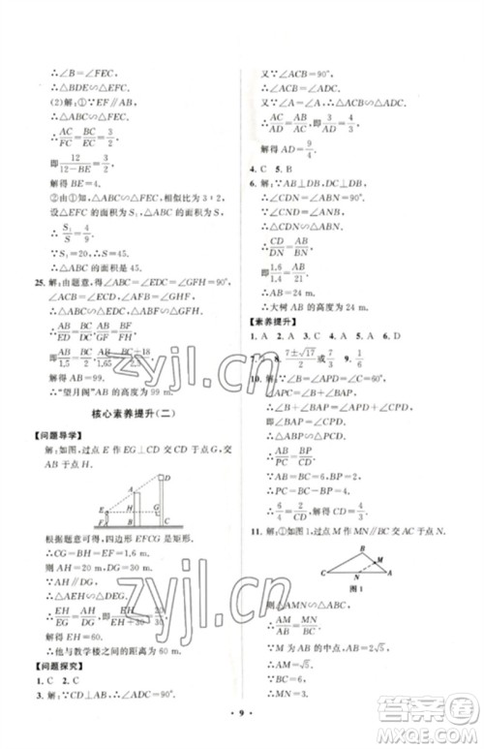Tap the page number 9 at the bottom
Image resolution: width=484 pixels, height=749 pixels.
click(x=242, y=722)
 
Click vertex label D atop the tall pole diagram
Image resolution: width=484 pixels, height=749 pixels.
click(x=167, y=478)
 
